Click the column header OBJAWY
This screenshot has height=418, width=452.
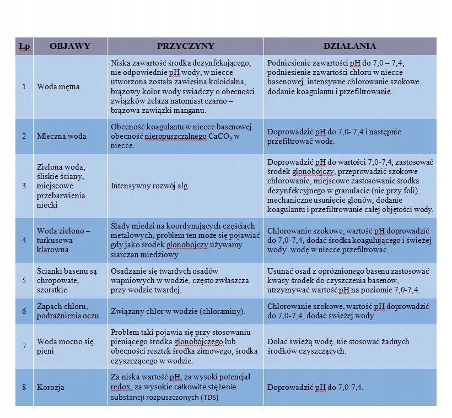click(x=69, y=46)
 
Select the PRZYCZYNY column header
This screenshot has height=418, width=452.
click(x=185, y=46)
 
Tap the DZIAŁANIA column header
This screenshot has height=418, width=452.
click(x=349, y=46)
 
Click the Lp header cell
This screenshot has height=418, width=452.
click(x=24, y=46)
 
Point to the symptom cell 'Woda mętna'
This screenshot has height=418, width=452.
click(x=58, y=87)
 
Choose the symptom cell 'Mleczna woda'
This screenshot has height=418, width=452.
click(x=61, y=137)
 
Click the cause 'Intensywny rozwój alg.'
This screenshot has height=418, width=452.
click(x=150, y=186)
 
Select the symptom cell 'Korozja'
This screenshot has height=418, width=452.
click(x=50, y=387)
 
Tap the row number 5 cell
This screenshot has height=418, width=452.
click(x=24, y=280)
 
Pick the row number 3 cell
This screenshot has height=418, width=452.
click(x=24, y=186)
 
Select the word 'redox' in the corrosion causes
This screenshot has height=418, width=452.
click(x=121, y=387)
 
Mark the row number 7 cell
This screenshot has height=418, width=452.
click(x=24, y=346)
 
